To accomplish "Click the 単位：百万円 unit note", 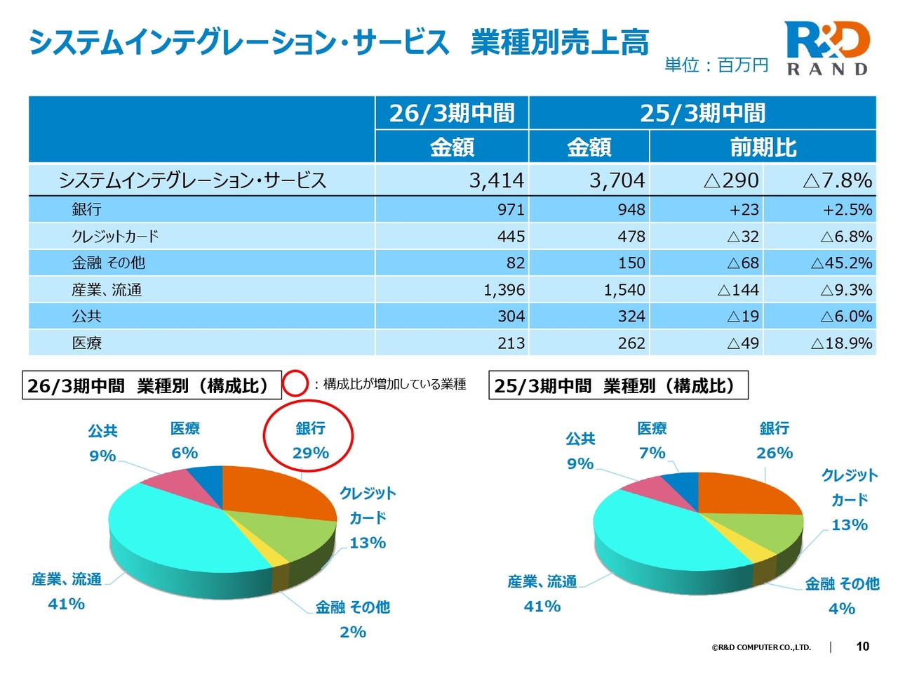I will [716, 65].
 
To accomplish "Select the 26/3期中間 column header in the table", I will [452, 113].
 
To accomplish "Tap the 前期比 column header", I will [763, 147].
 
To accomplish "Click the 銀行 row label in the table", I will [87, 209].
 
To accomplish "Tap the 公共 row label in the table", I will [87, 317].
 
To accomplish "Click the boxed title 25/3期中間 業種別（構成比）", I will [618, 385].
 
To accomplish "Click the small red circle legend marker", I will [295, 384].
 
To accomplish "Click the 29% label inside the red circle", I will [311, 453].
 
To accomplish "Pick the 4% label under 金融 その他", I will [842, 609].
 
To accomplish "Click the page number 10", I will [863, 647].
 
